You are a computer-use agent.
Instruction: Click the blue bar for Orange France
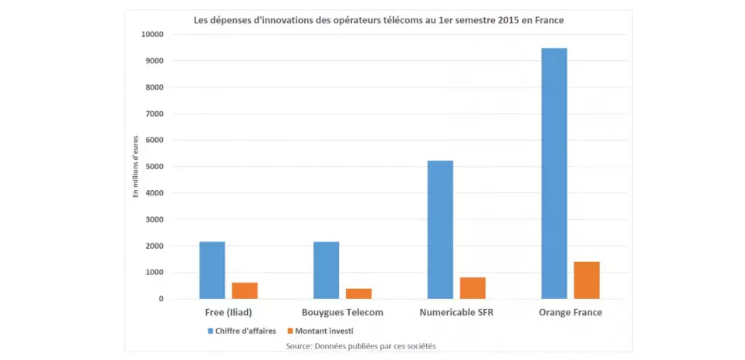pos(554,173)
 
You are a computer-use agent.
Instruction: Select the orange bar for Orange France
pos(587,280)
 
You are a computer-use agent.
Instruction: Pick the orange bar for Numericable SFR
pos(472,288)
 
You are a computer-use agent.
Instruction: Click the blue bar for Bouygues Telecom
pos(326,270)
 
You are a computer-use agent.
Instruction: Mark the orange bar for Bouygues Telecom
pos(358,294)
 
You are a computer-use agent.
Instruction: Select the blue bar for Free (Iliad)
pos(212,270)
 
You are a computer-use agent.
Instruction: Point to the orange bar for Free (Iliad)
pos(245,290)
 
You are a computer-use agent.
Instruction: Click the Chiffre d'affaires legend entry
pos(242,331)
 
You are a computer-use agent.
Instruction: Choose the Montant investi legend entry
pos(323,331)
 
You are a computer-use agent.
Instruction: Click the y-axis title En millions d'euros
pos(135,166)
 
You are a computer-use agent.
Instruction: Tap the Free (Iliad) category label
pos(229,313)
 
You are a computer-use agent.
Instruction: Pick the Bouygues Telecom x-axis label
pos(342,313)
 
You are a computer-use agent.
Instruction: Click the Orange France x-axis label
pos(571,313)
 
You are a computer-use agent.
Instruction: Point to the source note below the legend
pos(361,345)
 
